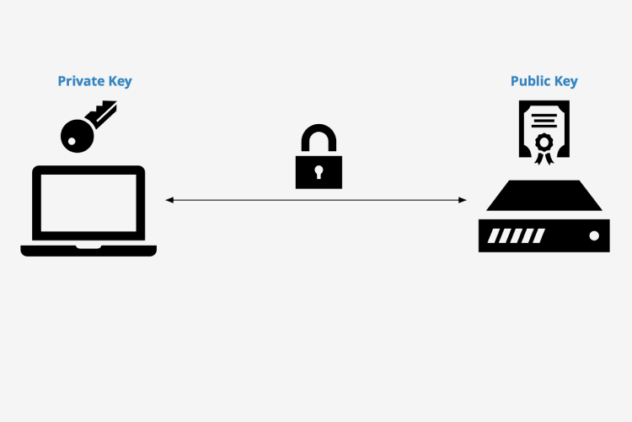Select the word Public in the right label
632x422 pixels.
(532, 81)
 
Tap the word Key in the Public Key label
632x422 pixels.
(566, 81)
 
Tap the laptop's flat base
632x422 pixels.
(88, 250)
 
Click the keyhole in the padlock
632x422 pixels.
(319, 172)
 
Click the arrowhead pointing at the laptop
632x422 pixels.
(169, 200)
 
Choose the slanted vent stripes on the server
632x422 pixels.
(506, 235)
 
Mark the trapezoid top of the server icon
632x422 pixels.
(544, 196)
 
